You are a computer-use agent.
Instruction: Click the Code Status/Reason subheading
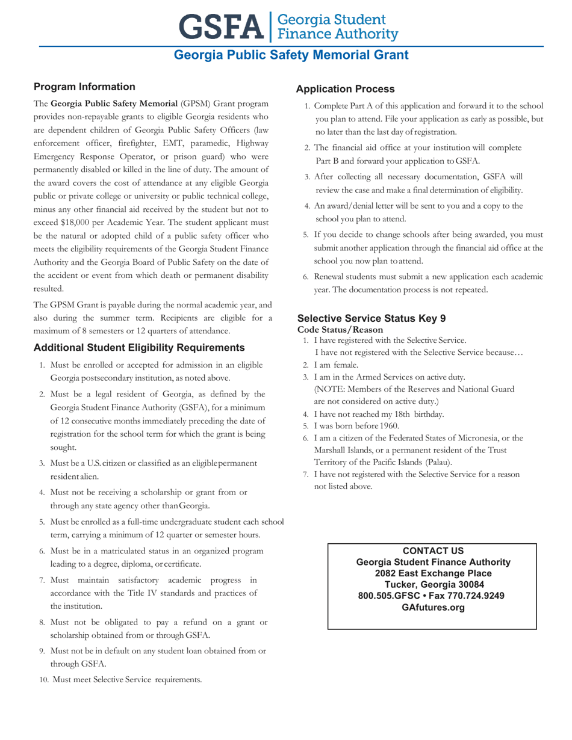point(340,330)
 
